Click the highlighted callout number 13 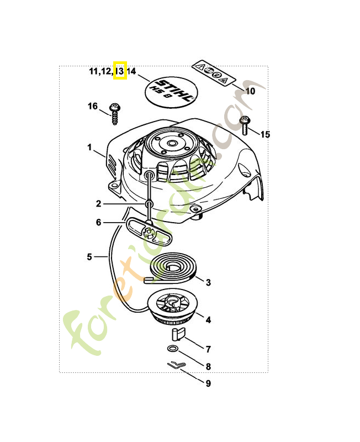pyautogui.click(x=120, y=71)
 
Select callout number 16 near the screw pyautogui.click(x=92, y=106)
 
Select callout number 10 pyautogui.click(x=250, y=91)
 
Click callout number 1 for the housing pyautogui.click(x=89, y=148)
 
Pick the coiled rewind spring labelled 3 pyautogui.click(x=173, y=269)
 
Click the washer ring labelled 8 pyautogui.click(x=172, y=349)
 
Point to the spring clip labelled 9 pyautogui.click(x=175, y=365)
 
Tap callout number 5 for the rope pyautogui.click(x=89, y=256)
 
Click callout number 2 pyautogui.click(x=98, y=203)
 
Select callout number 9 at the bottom pyautogui.click(x=208, y=383)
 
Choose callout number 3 pyautogui.click(x=208, y=283)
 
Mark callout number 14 pyautogui.click(x=131, y=71)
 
